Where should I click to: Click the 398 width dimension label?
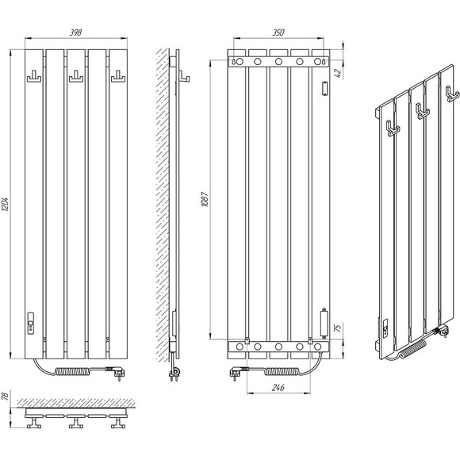(x=75, y=33)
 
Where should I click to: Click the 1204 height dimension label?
(x=6, y=204)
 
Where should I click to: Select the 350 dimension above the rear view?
(x=278, y=33)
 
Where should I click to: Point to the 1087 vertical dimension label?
(x=205, y=200)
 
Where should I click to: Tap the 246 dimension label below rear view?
(x=278, y=388)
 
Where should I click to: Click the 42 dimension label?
(x=338, y=72)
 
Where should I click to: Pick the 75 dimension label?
(x=338, y=328)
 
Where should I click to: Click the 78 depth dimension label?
(x=5, y=397)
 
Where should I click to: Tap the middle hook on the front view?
(x=76, y=76)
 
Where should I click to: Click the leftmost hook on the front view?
(x=34, y=76)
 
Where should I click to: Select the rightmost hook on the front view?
(x=118, y=76)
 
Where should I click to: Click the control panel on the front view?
(x=30, y=323)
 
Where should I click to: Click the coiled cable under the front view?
(x=72, y=372)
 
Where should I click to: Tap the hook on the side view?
(x=184, y=76)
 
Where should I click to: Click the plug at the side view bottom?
(x=174, y=374)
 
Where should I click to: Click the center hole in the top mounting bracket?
(x=278, y=62)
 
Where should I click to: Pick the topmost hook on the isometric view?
(x=452, y=94)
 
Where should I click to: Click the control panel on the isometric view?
(x=385, y=327)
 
